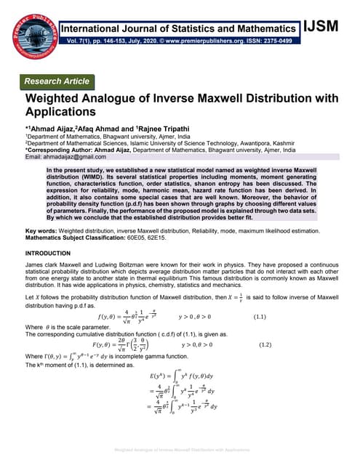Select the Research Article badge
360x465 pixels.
(59, 81)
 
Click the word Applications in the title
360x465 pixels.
(60, 113)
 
